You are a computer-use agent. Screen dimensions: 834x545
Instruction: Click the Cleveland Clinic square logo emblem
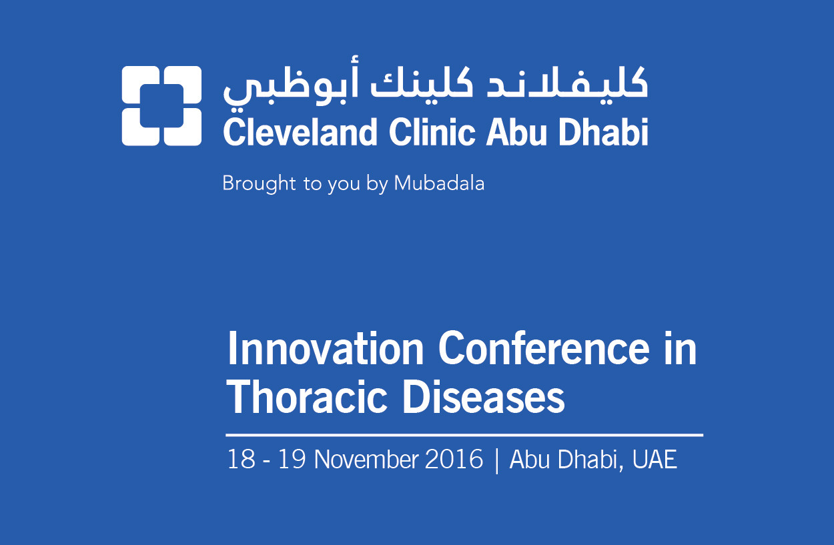pos(161,105)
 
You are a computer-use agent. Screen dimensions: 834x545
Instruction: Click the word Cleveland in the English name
pos(300,132)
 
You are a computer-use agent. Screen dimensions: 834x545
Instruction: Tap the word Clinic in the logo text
pos(432,132)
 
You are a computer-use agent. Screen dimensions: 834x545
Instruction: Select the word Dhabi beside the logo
pos(603,132)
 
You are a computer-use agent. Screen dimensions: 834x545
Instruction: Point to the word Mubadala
pos(439,183)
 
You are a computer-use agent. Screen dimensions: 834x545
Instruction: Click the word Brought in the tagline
pos(259,184)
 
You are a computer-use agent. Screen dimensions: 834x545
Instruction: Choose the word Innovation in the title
pos(326,348)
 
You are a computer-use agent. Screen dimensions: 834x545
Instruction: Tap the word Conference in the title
pos(544,348)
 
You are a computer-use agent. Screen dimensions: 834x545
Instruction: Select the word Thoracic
pos(307,397)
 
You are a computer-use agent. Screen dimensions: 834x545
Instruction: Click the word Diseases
pos(483,397)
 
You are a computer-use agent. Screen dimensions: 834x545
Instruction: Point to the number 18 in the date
pos(242,459)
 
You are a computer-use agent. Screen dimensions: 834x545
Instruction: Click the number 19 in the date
pos(292,459)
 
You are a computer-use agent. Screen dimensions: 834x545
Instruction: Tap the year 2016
pos(454,459)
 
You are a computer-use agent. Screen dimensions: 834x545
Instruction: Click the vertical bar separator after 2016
pos(496,460)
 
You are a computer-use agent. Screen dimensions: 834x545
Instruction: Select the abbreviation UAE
pos(654,459)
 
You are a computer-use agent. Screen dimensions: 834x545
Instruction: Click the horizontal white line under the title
pos(464,435)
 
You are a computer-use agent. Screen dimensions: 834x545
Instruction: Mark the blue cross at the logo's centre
pos(161,105)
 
